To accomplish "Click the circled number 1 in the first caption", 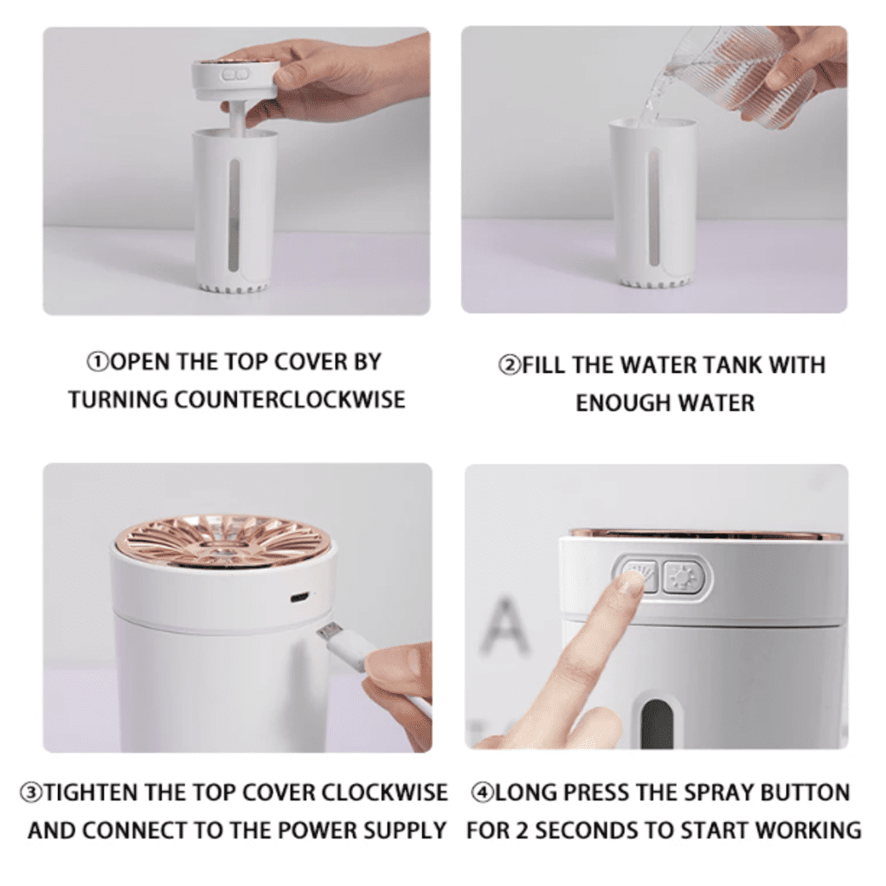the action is (97, 362).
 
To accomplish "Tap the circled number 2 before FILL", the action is (510, 365).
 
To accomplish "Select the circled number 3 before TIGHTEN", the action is (32, 793).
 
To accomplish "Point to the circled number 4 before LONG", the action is (482, 793).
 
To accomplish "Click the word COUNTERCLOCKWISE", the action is (289, 400).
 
